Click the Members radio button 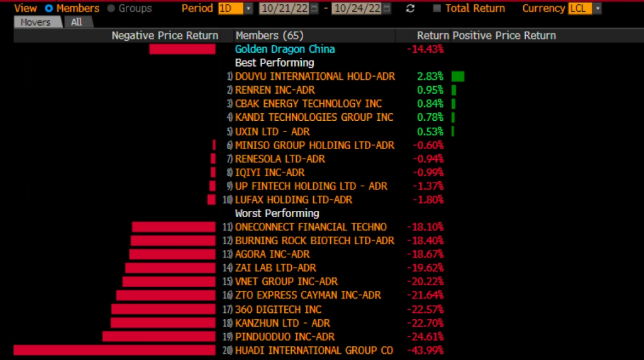coord(49,9)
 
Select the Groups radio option coord(111,9)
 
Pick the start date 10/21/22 coord(283,9)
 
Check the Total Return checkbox coord(437,9)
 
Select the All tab coord(77,22)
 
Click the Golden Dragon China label coord(285,49)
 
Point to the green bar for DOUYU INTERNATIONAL coord(458,76)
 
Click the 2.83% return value coord(430,76)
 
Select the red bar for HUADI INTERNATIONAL coord(114,351)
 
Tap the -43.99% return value coord(425,351)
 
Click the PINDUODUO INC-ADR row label coord(285,337)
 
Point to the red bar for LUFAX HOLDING coord(211,200)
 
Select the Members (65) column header coord(269,36)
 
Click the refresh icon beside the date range coord(411,9)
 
